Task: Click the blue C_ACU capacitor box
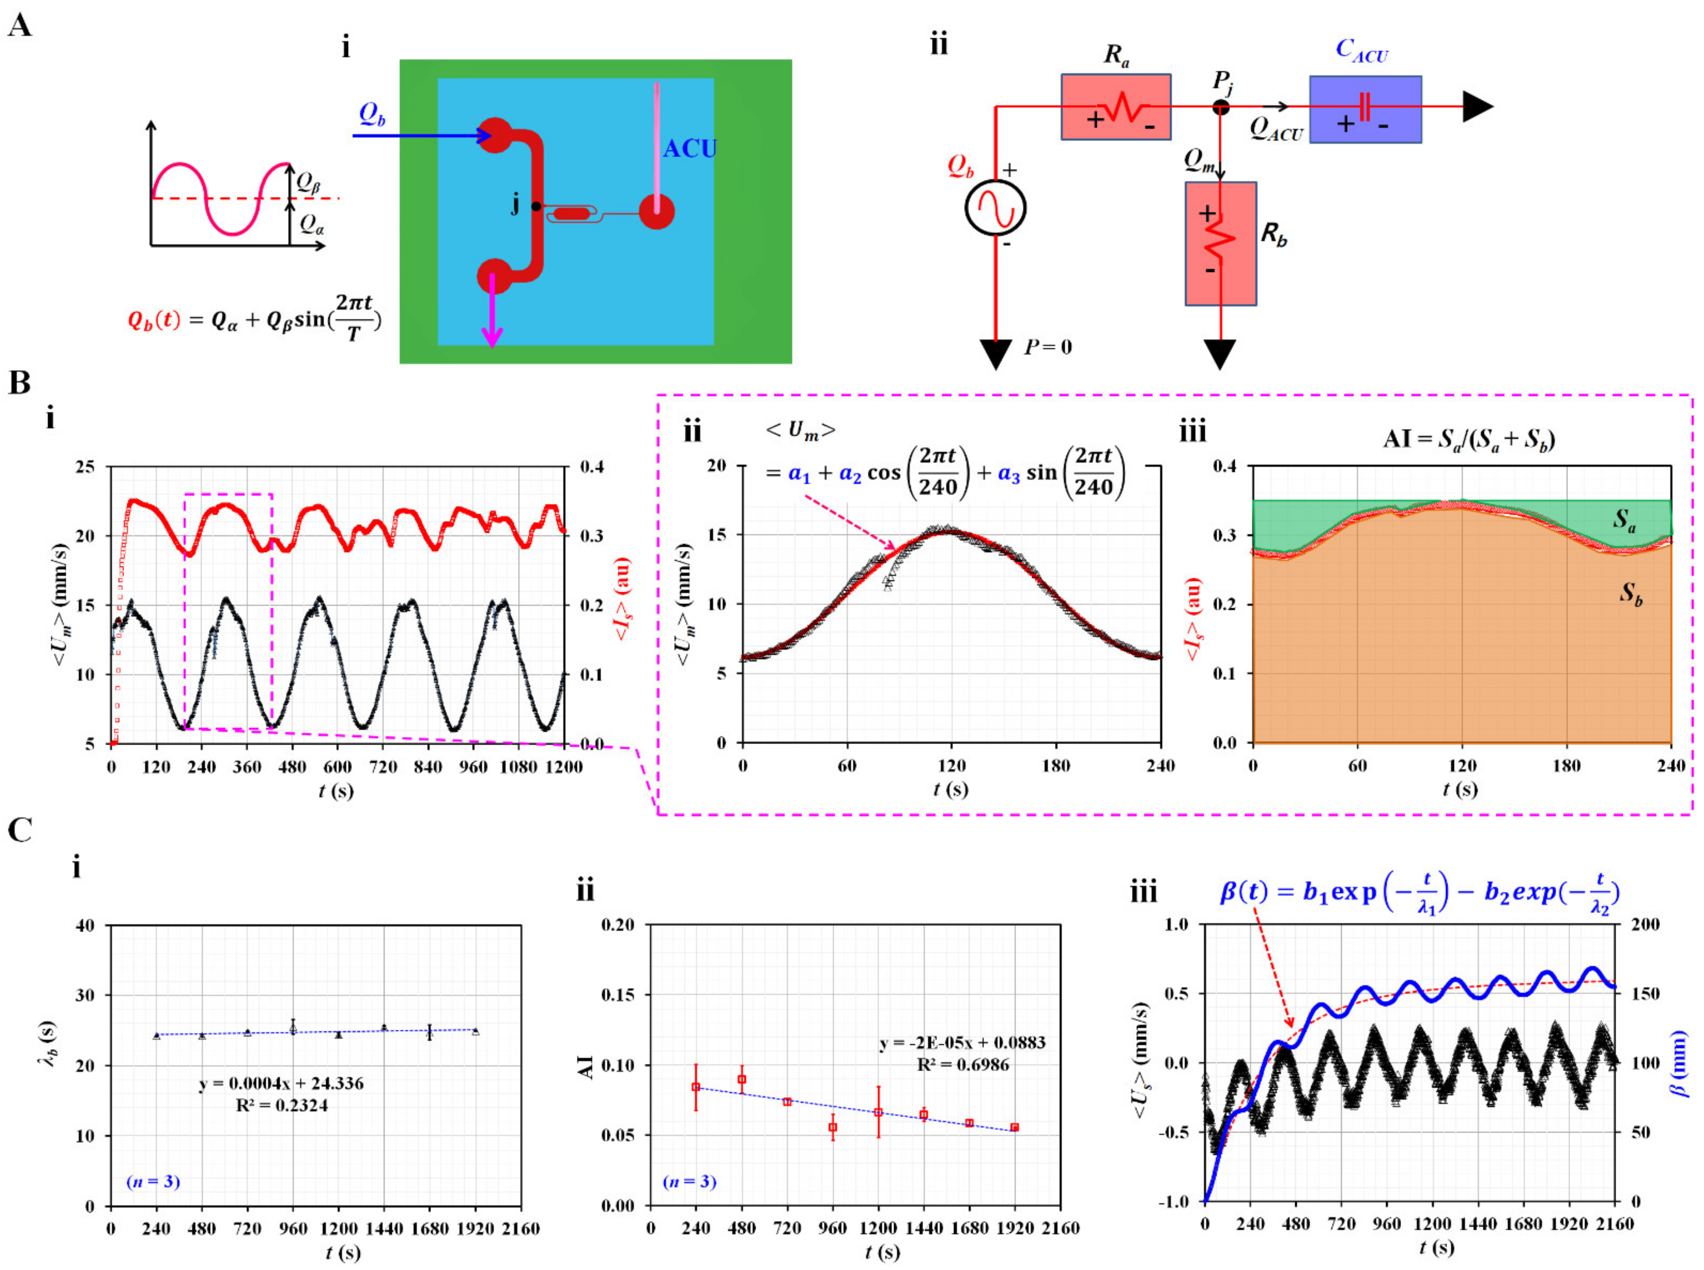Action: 1365,109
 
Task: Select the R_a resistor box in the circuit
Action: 1116,107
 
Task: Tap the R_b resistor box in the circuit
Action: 1220,243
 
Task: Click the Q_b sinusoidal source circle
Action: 996,208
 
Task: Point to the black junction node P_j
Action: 1220,107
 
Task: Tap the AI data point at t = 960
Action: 832,1127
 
